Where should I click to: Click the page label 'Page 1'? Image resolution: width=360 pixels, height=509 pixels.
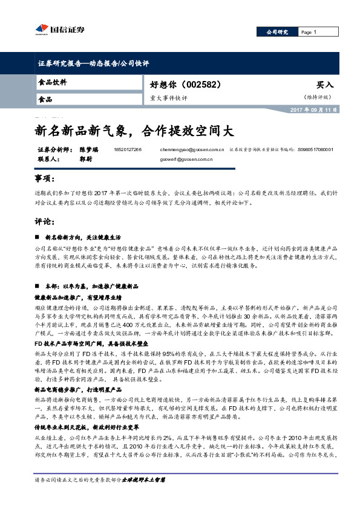pos(308,32)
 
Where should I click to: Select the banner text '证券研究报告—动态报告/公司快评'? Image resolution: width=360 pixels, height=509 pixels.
pos(93,63)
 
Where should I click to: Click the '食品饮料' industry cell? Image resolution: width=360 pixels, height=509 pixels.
pos(53,82)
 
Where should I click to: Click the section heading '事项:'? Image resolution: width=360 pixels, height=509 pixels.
pos(44,180)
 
